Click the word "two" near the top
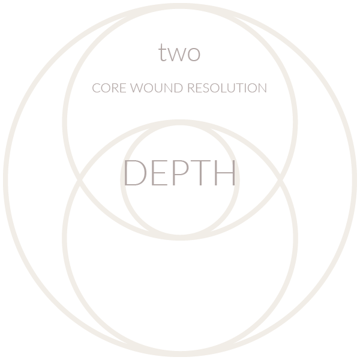pos(179,53)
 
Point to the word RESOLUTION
pos(227,88)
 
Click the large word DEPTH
pos(180,173)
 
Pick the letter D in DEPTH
pos(133,173)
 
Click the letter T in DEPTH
pos(199,173)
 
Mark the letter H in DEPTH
pos(224,173)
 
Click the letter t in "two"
pos(163,53)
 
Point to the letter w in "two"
pos(178,55)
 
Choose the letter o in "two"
pos(194,55)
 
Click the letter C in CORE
pos(96,88)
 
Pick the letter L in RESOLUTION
pos(223,88)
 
